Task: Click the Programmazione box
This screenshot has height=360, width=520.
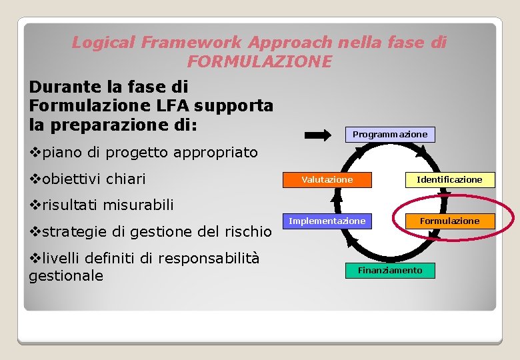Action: tap(390, 135)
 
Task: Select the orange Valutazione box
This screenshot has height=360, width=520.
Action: tap(327, 180)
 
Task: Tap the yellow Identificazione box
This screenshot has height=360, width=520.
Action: tap(449, 180)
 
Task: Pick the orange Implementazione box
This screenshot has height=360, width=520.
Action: tap(327, 221)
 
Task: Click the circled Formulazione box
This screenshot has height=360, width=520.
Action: tap(449, 221)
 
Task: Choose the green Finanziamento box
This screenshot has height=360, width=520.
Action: tap(390, 271)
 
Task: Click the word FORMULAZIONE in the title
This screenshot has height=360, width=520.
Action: tap(259, 62)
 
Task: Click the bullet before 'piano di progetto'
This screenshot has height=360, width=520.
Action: tap(35, 153)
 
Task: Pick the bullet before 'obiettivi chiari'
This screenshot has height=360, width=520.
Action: tap(35, 179)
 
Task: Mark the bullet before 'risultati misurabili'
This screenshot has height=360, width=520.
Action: tap(35, 205)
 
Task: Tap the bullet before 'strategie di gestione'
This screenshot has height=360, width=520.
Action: tap(35, 232)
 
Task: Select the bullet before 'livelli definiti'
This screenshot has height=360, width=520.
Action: tap(35, 258)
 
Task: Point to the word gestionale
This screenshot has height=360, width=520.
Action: tap(66, 275)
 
